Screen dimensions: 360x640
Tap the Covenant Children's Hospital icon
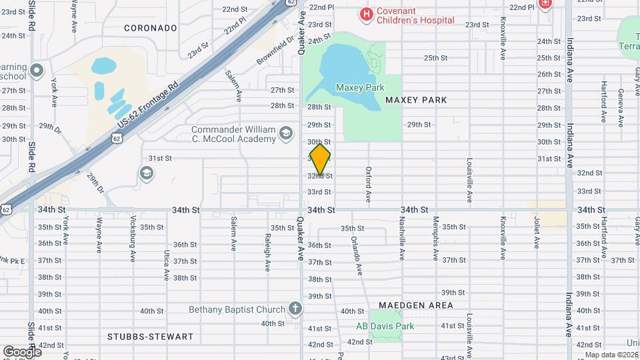pos(365,13)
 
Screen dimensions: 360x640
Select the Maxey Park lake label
pos(360,87)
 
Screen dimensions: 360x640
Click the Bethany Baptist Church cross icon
pos(295,309)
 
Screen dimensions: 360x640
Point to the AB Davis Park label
pos(385,326)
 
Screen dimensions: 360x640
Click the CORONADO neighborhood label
pos(151,28)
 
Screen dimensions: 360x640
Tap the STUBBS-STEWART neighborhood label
pos(150,337)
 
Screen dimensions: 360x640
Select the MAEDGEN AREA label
pos(416,305)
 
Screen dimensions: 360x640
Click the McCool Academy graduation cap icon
pos(286,133)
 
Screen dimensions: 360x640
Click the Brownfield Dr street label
pos(276,50)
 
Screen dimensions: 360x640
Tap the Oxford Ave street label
pos(368,183)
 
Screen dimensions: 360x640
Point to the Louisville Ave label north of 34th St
pos(469,180)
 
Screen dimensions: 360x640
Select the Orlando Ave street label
pos(357,256)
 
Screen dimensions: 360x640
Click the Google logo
pos(22,351)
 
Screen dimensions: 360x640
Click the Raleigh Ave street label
pos(267,253)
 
